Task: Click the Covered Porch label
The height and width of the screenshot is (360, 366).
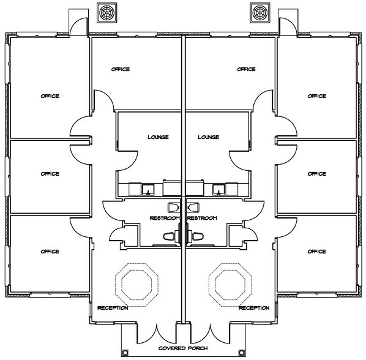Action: point(183,348)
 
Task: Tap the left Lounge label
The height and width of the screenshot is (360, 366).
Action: point(158,137)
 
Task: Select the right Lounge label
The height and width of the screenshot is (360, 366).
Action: point(209,137)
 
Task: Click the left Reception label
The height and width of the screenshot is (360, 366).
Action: point(113,308)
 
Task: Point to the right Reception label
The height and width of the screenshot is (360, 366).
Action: point(254,308)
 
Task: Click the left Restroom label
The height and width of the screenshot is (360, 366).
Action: point(165,218)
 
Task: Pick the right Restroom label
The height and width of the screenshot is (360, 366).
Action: point(202,218)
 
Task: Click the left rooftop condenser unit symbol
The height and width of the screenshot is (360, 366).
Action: point(107,13)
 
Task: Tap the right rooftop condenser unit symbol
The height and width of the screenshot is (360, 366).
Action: point(260,13)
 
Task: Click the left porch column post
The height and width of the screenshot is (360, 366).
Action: point(125,352)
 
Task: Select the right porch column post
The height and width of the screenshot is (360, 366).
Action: point(241,352)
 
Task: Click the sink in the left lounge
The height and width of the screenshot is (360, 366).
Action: point(148,190)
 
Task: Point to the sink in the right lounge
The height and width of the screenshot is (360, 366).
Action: point(218,190)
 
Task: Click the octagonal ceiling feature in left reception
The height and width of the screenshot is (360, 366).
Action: point(136,285)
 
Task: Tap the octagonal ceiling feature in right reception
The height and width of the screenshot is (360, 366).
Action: point(230,285)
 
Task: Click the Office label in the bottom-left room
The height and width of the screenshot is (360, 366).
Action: point(50,252)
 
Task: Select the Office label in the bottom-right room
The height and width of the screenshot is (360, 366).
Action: point(317,252)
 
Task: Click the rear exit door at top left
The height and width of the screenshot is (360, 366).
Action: point(78,26)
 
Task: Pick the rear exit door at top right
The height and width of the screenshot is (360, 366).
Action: point(288,26)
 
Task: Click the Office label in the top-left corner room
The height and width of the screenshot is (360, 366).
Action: point(50,96)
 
